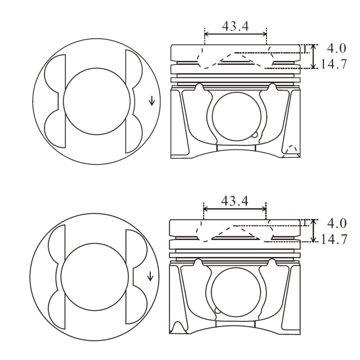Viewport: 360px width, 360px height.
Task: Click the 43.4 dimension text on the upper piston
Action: [x=235, y=26]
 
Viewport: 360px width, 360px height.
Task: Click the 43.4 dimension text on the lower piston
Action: [x=234, y=201]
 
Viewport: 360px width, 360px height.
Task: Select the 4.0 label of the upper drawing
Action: [x=336, y=47]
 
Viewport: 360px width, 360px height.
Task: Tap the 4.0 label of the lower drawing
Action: [x=336, y=223]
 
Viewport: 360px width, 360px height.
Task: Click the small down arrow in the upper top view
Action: [x=152, y=101]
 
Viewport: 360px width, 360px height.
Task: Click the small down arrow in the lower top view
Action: [x=150, y=276]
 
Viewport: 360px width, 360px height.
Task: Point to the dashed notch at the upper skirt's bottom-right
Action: [x=292, y=151]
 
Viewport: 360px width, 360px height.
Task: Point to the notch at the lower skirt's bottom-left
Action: [x=177, y=327]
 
